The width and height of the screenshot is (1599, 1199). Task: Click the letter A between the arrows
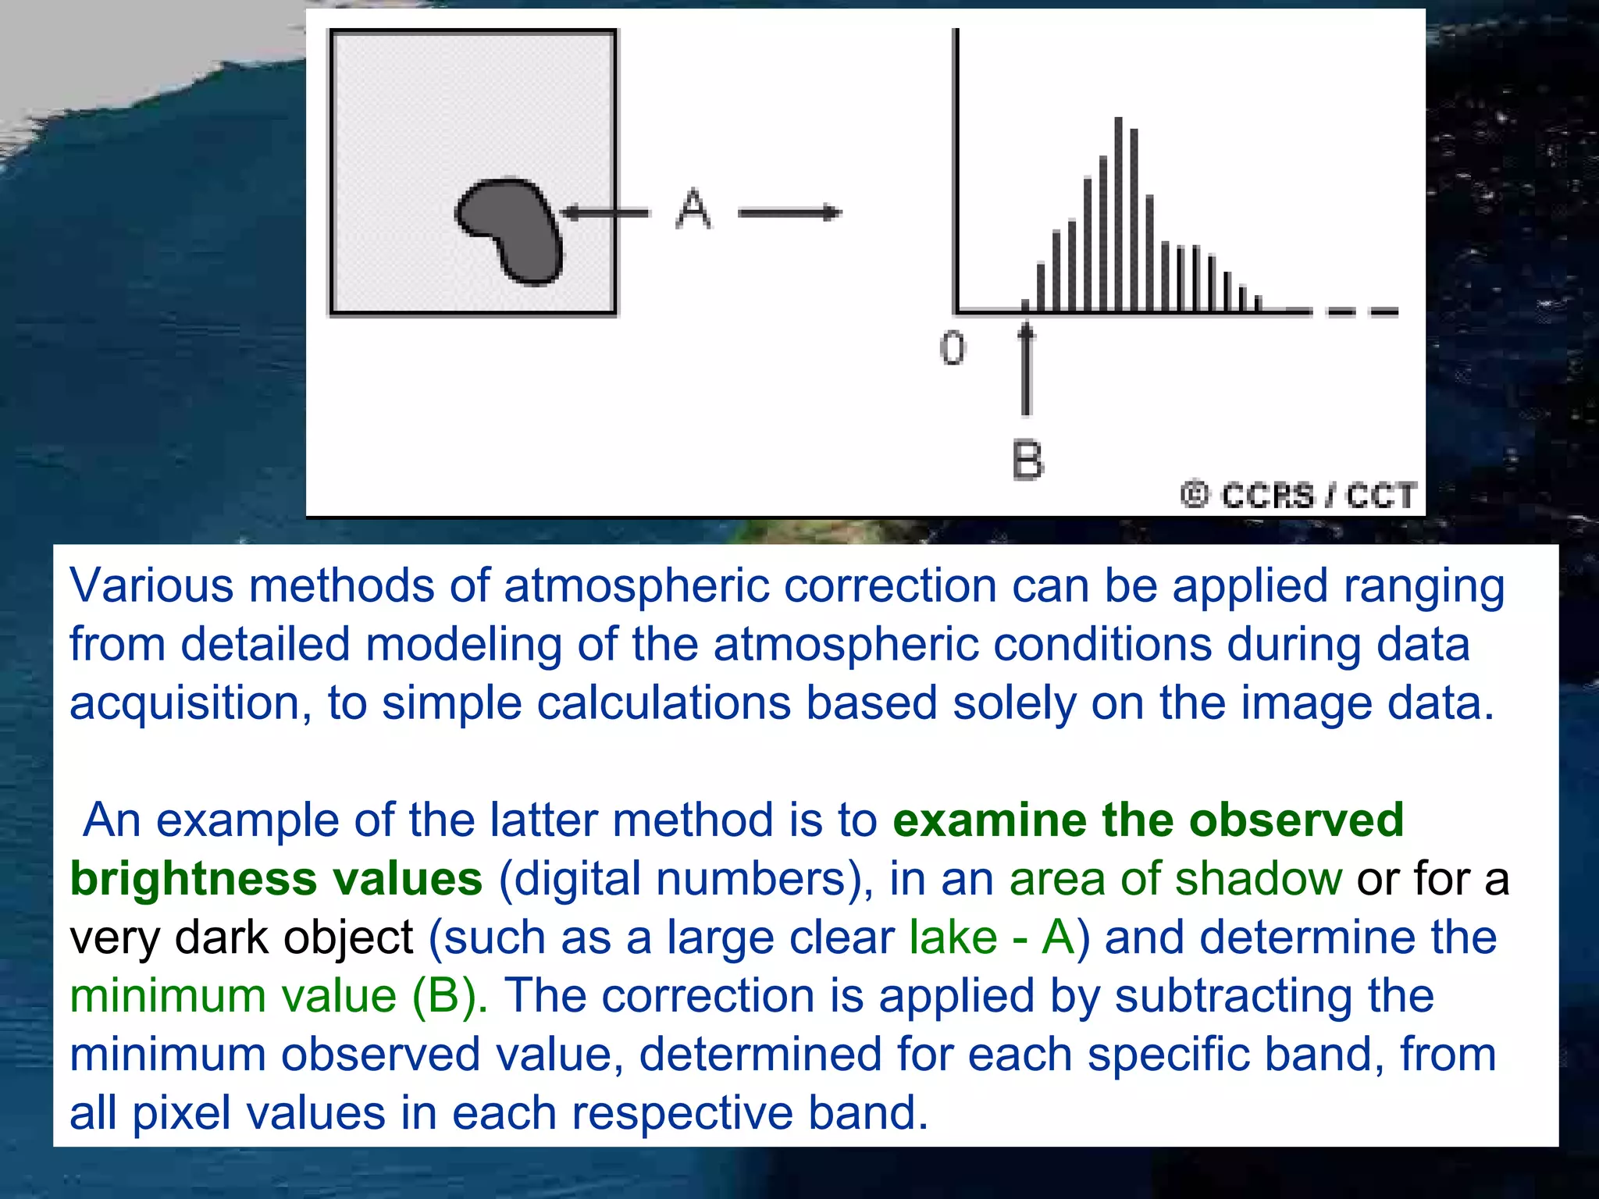point(693,209)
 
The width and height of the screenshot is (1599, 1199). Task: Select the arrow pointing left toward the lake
point(605,212)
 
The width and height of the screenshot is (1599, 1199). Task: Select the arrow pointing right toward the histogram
point(789,212)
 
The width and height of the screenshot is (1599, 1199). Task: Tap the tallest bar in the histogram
point(1118,215)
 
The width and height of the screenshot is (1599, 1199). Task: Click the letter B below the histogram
point(1027,460)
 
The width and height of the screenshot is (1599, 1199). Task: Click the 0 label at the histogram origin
point(952,348)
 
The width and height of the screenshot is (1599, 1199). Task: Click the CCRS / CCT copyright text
point(1299,496)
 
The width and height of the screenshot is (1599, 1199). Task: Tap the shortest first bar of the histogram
point(1025,305)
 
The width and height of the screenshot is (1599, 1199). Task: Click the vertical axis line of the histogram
point(956,172)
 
